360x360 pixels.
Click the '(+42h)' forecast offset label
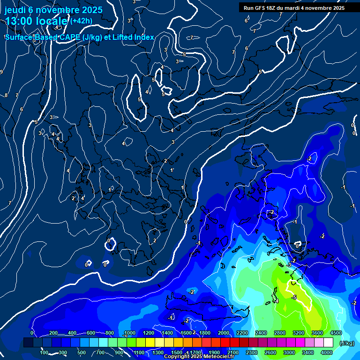coord(81,21)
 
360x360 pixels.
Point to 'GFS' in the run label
coord(260,8)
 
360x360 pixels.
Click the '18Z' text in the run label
coord(273,8)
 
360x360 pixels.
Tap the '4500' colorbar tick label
coord(335,333)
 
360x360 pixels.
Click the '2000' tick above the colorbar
coord(224,333)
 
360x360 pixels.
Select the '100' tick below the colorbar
coord(45,352)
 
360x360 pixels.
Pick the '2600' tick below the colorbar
coord(270,352)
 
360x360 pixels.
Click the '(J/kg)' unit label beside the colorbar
coord(347,343)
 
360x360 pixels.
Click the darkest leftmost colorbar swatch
coord(28,343)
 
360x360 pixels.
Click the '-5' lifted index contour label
coord(294,297)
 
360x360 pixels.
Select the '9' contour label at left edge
coord(1,72)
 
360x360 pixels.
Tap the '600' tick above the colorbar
coord(91,333)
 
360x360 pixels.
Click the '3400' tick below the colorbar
coord(308,352)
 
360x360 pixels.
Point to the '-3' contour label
coord(289,265)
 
